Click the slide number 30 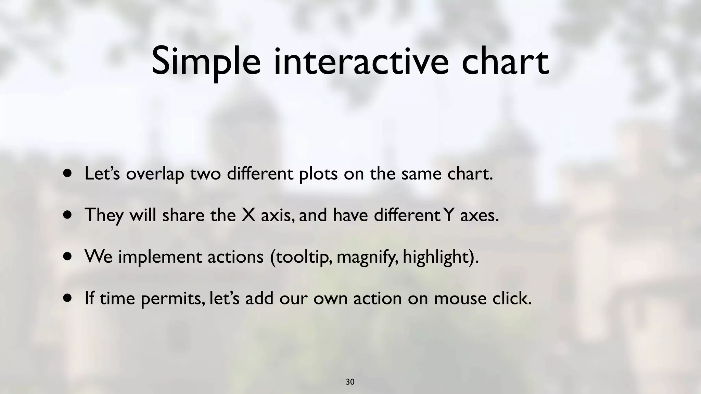pos(350,382)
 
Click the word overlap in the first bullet pos(155,174)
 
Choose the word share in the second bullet pos(183,215)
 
